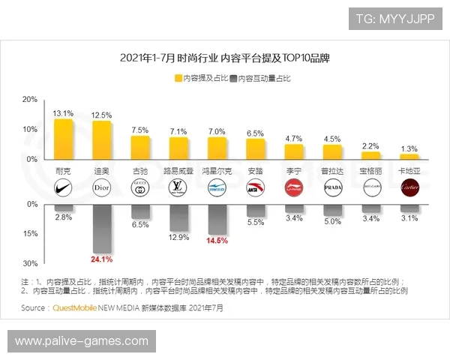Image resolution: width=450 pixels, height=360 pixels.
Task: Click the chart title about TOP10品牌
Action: (x=225, y=58)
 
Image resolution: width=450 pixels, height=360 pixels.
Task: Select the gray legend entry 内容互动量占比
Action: (x=261, y=78)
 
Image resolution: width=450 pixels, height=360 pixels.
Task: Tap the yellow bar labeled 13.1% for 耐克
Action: (x=63, y=139)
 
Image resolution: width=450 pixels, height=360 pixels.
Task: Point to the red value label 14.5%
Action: (x=217, y=241)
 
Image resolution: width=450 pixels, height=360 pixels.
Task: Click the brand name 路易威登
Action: (x=178, y=170)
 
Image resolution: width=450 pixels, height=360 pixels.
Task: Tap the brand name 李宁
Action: (x=293, y=170)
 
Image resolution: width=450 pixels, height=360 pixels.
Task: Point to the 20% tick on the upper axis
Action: (x=30, y=99)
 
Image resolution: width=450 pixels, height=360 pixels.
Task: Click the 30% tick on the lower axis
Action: (x=30, y=263)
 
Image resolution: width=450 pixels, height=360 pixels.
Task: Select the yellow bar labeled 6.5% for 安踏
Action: (x=255, y=148)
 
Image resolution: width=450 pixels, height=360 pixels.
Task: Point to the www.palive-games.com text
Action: (x=82, y=341)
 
